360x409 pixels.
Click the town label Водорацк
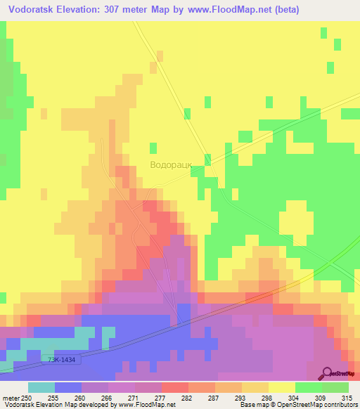coord(171,165)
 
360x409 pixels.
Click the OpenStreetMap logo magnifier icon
coord(327,372)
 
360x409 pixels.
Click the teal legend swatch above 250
coord(41,387)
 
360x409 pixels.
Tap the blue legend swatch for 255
coord(68,387)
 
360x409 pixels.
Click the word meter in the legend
coord(12,397)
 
